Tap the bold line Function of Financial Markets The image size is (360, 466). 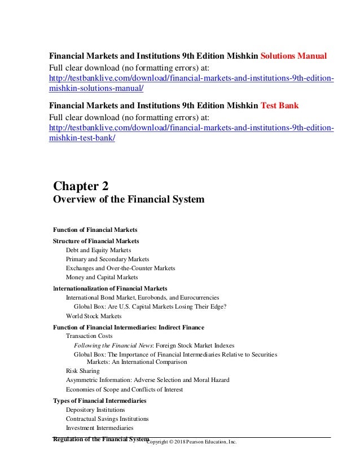[95, 230]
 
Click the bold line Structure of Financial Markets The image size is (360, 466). [96, 241]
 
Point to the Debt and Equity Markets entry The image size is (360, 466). [98, 249]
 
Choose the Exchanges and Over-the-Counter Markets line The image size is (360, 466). [121, 268]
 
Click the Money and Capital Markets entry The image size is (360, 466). [102, 278]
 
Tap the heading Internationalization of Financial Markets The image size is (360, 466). [110, 288]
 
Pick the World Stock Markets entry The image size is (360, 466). [94, 316]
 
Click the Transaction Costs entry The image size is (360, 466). [89, 336]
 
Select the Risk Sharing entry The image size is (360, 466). [83, 371]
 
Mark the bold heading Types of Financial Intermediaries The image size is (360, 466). [99, 401]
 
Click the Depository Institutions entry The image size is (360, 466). [95, 410]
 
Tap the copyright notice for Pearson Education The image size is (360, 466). [192, 441]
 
